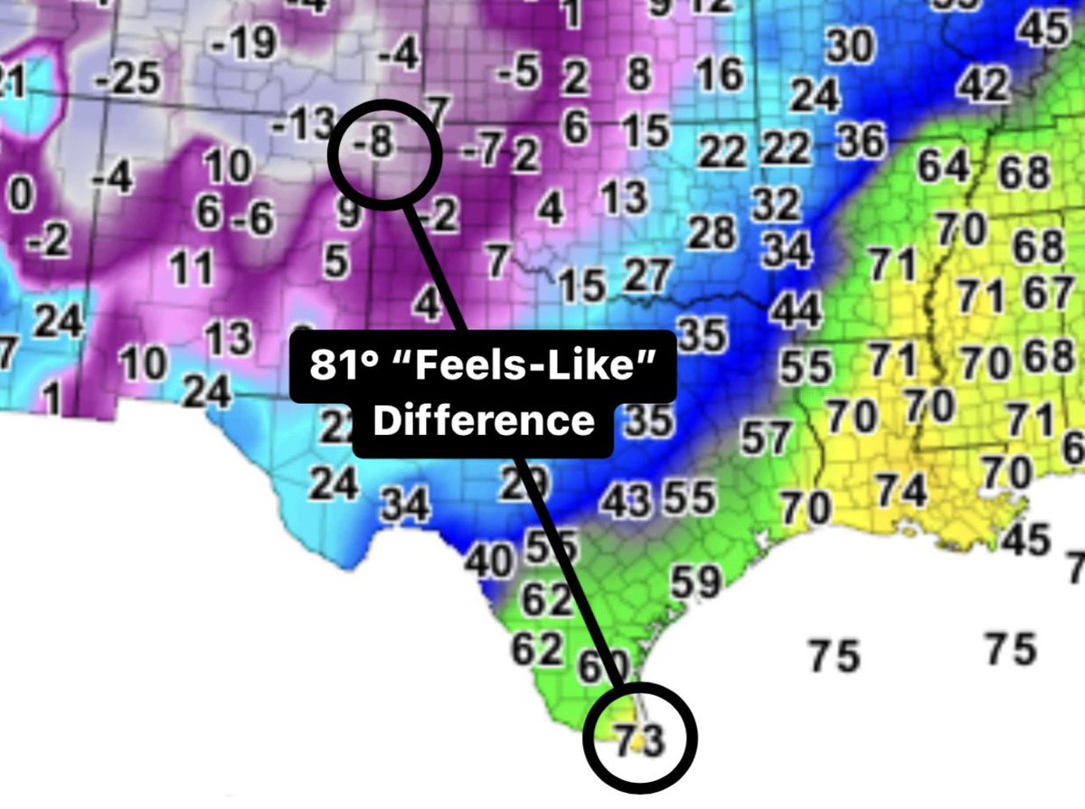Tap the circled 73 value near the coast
[x=639, y=739]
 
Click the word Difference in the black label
[x=484, y=421]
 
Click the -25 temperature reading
[x=127, y=81]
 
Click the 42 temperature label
[x=983, y=86]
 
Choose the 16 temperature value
[x=720, y=74]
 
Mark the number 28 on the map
[x=712, y=233]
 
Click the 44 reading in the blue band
[x=796, y=311]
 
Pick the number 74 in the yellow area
[x=902, y=491]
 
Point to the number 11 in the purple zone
[x=191, y=268]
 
